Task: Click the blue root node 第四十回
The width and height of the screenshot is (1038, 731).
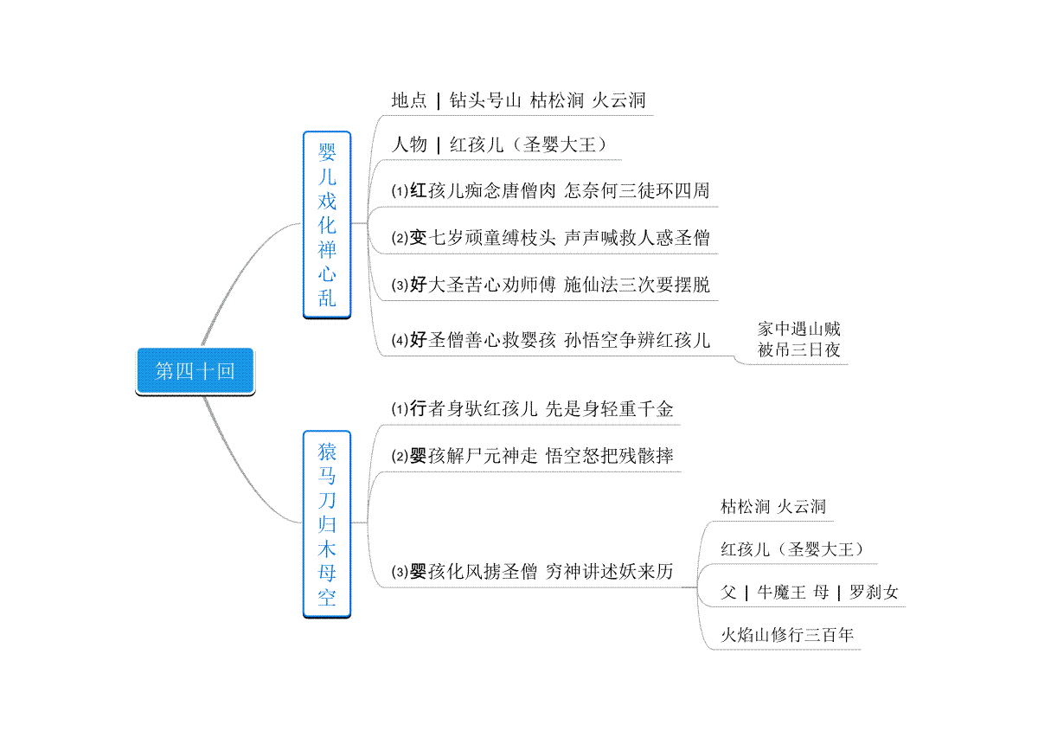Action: pos(195,371)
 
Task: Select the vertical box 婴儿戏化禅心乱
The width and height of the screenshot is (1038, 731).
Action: pos(327,225)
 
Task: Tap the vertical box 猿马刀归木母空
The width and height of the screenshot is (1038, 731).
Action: pos(327,524)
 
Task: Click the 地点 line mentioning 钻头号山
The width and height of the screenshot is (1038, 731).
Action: pos(518,100)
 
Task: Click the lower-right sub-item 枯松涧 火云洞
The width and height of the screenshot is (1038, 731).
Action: pos(773,507)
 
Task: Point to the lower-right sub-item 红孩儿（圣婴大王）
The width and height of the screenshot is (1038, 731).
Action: pos(792,549)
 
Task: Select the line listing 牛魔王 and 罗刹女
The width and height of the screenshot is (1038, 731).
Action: pos(809,592)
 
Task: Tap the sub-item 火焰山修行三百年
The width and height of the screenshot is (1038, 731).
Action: pos(787,635)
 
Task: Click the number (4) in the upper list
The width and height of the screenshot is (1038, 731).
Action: pos(400,341)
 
